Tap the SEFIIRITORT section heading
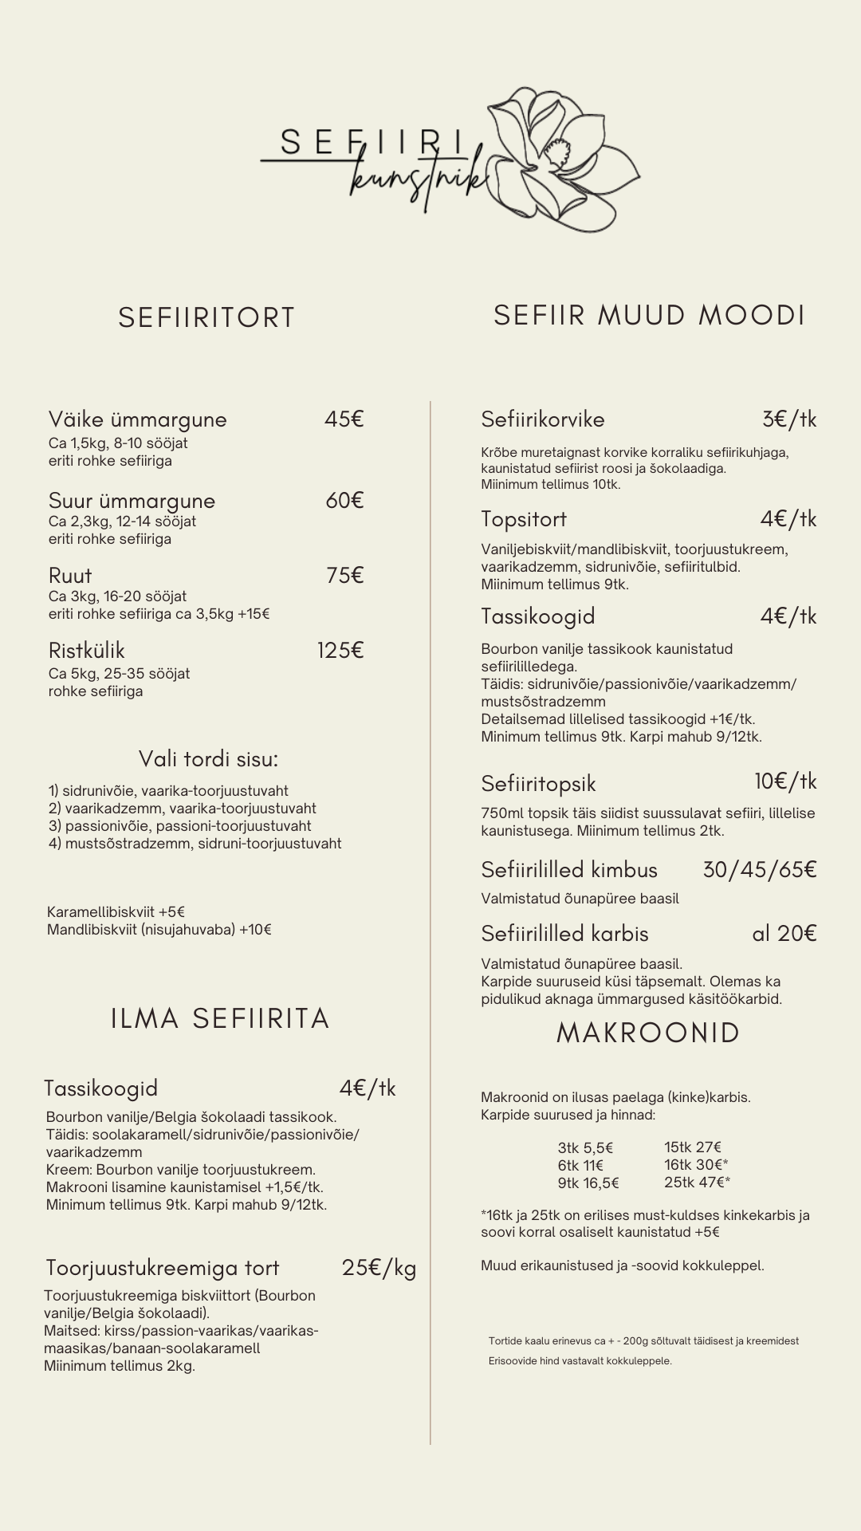coord(206,317)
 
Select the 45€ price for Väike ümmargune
coord(344,419)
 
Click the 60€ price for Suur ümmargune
coord(344,501)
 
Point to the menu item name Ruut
coord(70,576)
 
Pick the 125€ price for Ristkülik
coord(340,651)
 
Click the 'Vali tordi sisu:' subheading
coord(208,758)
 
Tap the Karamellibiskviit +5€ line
coord(116,912)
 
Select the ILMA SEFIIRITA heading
coord(220,1019)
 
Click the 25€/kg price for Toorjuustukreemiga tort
coord(379,1268)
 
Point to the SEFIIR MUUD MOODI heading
coord(649,315)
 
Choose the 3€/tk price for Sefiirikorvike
coord(788,419)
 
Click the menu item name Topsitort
coord(524,519)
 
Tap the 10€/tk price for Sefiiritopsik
coord(785,781)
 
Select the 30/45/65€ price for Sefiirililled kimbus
coord(759,869)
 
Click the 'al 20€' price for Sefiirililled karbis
coord(784,934)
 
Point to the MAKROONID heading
coord(648,1033)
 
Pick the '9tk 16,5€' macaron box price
coord(588,1183)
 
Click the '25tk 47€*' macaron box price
coord(697,1183)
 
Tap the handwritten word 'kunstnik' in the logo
coord(419,179)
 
